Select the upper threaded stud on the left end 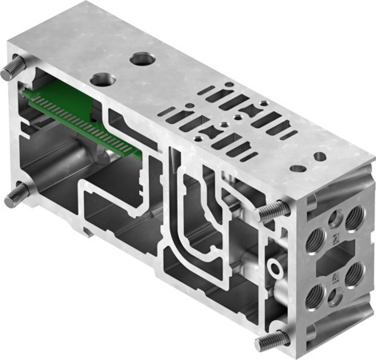click(x=11, y=70)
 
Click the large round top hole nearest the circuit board click(x=102, y=79)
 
